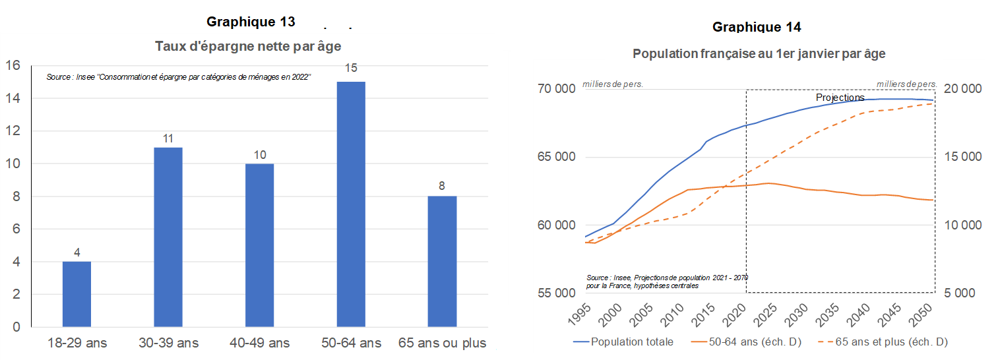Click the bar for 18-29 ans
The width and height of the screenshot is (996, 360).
(x=77, y=294)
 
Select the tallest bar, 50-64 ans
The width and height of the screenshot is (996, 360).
(x=351, y=204)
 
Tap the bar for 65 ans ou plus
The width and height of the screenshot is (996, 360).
(x=442, y=261)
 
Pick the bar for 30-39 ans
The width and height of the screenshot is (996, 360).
(x=168, y=237)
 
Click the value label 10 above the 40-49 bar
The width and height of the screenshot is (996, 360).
(x=259, y=154)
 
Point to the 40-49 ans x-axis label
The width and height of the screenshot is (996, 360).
(x=260, y=343)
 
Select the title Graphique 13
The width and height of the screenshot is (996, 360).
(x=251, y=22)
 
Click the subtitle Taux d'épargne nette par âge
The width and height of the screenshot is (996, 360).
(x=248, y=46)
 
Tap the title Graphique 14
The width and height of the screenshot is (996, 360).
(x=757, y=27)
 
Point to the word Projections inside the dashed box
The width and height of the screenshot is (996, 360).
(x=840, y=98)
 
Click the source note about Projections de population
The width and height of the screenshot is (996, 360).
(x=666, y=282)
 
